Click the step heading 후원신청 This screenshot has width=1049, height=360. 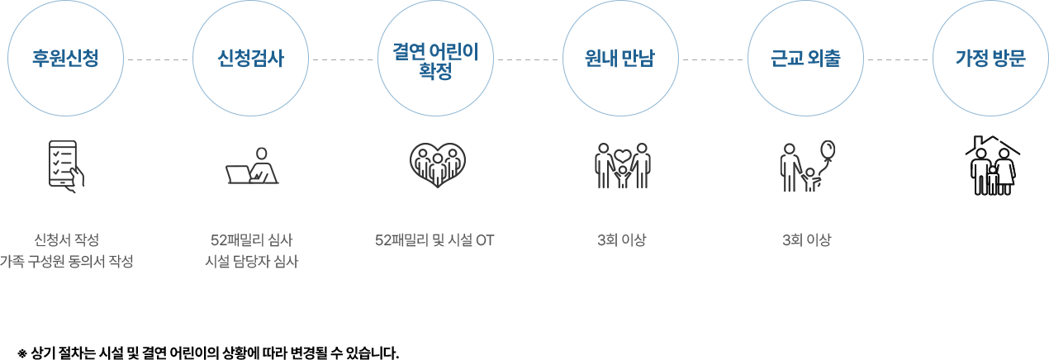[x=65, y=59]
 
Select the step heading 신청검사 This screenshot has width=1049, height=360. [x=250, y=59]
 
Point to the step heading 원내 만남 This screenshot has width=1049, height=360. [x=620, y=59]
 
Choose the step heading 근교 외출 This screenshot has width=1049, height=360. [x=805, y=59]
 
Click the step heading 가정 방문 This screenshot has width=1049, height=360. [x=990, y=59]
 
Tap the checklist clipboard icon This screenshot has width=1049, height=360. [x=66, y=166]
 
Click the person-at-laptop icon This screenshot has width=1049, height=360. [x=252, y=165]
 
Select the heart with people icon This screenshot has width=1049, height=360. [x=437, y=165]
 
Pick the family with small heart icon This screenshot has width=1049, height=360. [x=622, y=165]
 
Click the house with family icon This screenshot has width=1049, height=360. [x=992, y=165]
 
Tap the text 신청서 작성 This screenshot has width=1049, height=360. [x=66, y=240]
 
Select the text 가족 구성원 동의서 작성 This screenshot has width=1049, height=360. [x=66, y=261]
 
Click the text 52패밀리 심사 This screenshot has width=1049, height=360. [x=251, y=240]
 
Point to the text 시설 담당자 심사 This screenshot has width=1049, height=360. [x=251, y=261]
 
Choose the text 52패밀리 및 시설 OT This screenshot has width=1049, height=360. [x=434, y=240]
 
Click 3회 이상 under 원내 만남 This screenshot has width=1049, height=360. [x=621, y=240]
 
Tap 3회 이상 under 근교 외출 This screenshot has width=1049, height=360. [x=806, y=240]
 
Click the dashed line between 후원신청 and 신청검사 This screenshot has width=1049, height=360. [x=158, y=59]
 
